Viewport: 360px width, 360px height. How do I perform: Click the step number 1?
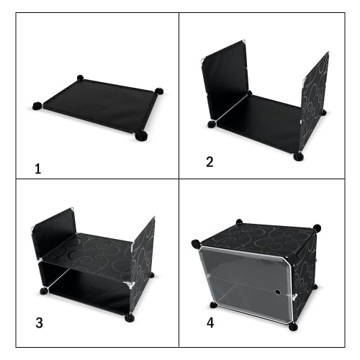(38, 168)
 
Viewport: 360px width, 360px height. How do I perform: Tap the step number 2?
(210, 162)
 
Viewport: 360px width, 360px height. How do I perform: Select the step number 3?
(39, 323)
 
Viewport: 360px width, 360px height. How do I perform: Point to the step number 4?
(210, 323)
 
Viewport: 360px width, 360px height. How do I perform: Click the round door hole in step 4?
(278, 292)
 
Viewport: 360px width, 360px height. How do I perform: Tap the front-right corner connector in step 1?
(141, 136)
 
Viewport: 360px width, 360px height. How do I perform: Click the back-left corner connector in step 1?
(81, 78)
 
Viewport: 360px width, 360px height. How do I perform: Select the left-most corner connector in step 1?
(37, 106)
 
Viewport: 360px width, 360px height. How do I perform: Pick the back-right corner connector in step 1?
(158, 91)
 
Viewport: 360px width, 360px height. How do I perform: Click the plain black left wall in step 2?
(225, 81)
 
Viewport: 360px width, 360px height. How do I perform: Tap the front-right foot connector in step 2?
(298, 157)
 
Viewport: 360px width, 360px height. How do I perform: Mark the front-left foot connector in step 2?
(212, 125)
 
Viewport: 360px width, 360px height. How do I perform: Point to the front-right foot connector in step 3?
(130, 318)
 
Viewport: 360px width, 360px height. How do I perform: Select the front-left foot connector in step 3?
(44, 291)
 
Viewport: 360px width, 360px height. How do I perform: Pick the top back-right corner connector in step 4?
(317, 228)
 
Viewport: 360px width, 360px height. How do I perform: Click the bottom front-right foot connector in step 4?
(293, 327)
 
